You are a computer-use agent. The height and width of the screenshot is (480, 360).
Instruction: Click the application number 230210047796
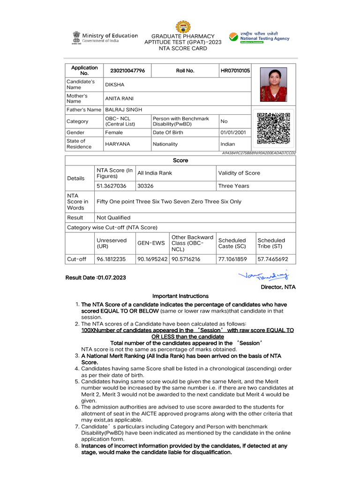tap(127, 71)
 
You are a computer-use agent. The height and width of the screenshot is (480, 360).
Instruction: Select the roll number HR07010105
tap(235, 71)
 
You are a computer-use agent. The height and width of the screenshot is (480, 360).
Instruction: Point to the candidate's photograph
tap(273, 84)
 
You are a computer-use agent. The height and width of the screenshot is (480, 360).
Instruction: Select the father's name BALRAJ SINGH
tap(123, 109)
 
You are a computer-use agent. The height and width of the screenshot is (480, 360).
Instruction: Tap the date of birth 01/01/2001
tap(233, 133)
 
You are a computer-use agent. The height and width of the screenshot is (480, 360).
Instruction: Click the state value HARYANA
tap(118, 144)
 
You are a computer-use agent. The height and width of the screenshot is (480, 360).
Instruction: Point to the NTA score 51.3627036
tap(112, 186)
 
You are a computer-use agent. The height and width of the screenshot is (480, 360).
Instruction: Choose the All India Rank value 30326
tap(145, 186)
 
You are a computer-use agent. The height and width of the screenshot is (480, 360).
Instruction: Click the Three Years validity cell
tap(234, 186)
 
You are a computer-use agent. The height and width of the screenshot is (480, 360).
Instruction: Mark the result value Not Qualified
tap(113, 217)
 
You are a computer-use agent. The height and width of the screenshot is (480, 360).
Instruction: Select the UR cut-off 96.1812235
tap(111, 259)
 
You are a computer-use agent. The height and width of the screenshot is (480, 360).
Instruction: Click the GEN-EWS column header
tap(151, 243)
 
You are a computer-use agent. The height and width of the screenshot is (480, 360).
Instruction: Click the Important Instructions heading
tap(180, 296)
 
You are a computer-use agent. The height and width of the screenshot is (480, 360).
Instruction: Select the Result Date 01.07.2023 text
tap(96, 277)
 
